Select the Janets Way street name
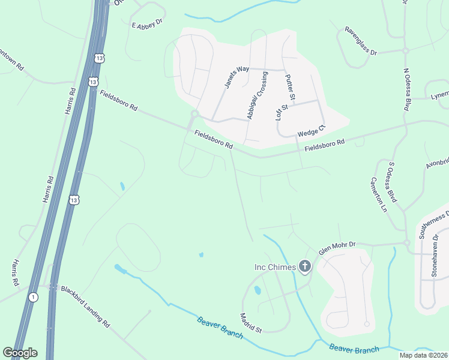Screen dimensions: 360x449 click(x=237, y=77)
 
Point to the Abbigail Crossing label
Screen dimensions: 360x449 click(x=256, y=96)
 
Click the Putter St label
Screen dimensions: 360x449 click(x=290, y=87)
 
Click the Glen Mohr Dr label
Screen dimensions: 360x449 click(x=337, y=248)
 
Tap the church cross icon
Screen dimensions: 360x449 click(x=305, y=266)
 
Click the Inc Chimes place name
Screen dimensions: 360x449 click(x=276, y=267)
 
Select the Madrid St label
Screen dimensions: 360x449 click(x=251, y=323)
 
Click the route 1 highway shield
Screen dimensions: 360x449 click(x=33, y=297)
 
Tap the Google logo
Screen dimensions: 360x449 click(x=20, y=352)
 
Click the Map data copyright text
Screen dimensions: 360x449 click(x=423, y=355)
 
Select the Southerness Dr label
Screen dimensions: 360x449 click(x=435, y=226)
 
